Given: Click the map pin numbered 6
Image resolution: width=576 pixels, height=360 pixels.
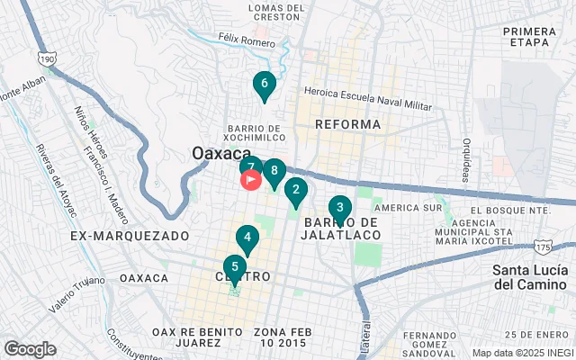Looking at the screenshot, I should coord(264,85).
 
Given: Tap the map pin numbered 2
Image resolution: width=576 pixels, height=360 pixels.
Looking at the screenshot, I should coord(295,190).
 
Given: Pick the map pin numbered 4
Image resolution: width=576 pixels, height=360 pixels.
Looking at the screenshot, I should coord(247,238).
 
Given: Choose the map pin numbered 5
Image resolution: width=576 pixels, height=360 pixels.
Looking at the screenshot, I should coord(235,266).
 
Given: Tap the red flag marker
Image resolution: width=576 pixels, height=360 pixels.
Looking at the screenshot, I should coord(250,180).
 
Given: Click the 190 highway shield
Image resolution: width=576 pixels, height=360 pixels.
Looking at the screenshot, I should coord(46,58).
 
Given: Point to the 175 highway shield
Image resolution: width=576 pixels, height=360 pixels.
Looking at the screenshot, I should coord(542,246).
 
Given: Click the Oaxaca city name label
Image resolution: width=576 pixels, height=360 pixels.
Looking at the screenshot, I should coord(220,154).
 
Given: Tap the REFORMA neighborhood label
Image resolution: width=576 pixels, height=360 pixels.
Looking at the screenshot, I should coord(348,124).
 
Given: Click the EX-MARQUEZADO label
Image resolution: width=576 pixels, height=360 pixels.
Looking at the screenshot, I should coord(130,236).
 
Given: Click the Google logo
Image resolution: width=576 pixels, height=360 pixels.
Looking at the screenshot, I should coord(30,349).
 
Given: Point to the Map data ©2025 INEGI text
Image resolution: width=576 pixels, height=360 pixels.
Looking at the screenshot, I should coord(522,353).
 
